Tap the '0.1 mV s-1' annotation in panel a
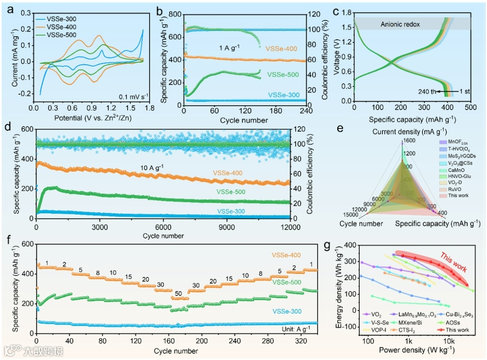tap(125, 95)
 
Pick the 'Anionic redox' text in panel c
tap(400, 24)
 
